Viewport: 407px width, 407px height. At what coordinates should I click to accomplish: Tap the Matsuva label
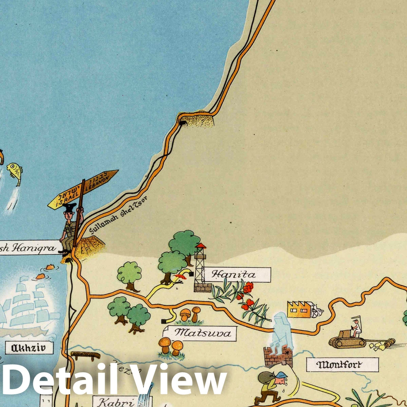203,333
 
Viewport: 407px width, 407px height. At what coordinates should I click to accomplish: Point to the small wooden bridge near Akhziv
85,355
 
